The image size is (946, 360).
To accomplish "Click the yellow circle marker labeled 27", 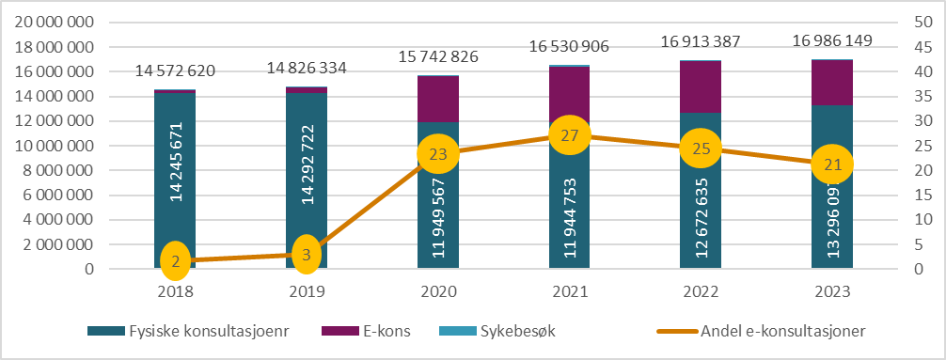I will pyautogui.click(x=569, y=135).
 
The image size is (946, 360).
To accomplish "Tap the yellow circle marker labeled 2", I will pyautogui.click(x=175, y=260).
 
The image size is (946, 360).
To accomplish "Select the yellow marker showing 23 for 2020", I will pyautogui.click(x=437, y=155).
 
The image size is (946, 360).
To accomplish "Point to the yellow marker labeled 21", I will pyautogui.click(x=832, y=164).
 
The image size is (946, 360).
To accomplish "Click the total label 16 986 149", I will pyautogui.click(x=832, y=40).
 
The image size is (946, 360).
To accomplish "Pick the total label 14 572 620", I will pyautogui.click(x=175, y=70).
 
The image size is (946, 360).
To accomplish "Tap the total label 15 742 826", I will pyautogui.click(x=437, y=55).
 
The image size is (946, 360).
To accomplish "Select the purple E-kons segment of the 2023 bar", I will pyautogui.click(x=832, y=82).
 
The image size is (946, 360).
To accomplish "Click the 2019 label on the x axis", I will pyautogui.click(x=307, y=291).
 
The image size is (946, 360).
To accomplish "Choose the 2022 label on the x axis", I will pyautogui.click(x=701, y=291).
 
